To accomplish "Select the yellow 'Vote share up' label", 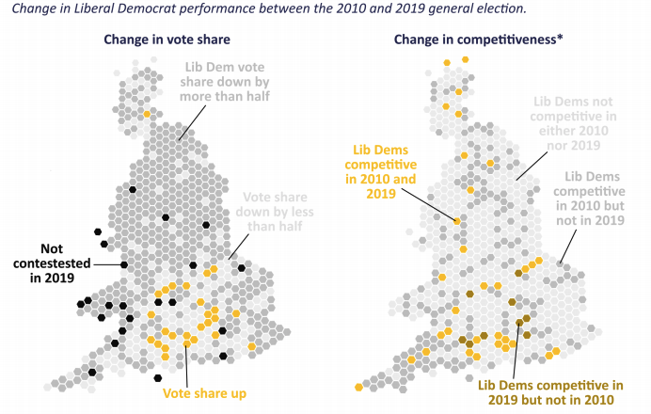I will coord(205,393).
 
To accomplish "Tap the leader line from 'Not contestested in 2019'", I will coord(108,264).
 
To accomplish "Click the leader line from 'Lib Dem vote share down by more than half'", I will coord(192,124).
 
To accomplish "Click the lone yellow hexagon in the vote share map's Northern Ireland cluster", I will coord(147,114).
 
